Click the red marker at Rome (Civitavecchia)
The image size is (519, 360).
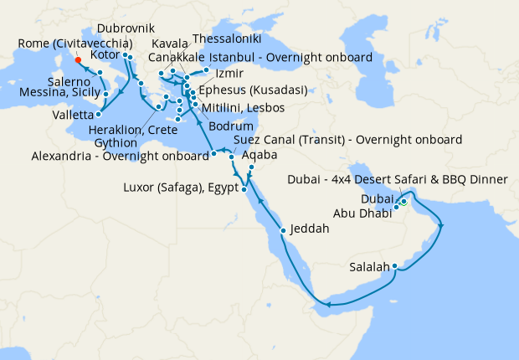(x=77, y=59)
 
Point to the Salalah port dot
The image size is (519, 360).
(x=394, y=267)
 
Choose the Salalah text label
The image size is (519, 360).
(x=369, y=268)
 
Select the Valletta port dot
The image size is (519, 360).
(x=99, y=113)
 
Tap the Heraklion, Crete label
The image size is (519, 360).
(x=137, y=131)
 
